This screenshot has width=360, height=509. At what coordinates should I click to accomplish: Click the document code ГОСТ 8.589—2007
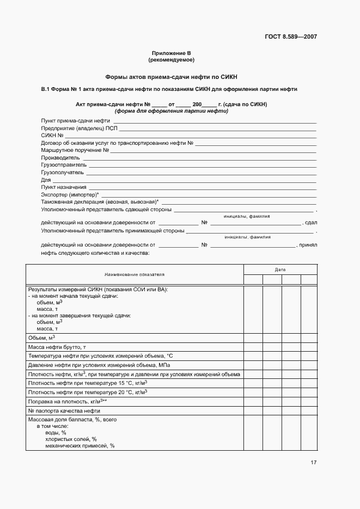tap(290, 37)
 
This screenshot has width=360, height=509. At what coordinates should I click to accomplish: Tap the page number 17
tap(313, 463)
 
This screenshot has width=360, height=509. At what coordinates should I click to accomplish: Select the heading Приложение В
tap(172, 53)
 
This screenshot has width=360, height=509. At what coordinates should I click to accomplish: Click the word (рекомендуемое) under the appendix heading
tap(172, 59)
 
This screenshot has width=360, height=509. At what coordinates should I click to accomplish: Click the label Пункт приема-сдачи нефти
tap(76, 120)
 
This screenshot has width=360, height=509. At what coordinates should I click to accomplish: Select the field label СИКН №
tap(53, 135)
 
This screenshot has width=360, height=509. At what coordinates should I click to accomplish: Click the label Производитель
tap(60, 157)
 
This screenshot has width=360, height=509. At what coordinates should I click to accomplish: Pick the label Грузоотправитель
tap(64, 164)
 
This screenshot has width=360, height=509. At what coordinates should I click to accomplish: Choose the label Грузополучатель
tap(63, 172)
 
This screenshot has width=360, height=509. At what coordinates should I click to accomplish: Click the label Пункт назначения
tap(63, 187)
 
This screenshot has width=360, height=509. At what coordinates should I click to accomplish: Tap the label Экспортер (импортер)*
tap(70, 194)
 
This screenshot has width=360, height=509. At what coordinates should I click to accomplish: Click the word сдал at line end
tap(311, 223)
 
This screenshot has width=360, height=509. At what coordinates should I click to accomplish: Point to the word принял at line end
tap(308, 245)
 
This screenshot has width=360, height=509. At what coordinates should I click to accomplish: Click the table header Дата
tap(280, 269)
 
